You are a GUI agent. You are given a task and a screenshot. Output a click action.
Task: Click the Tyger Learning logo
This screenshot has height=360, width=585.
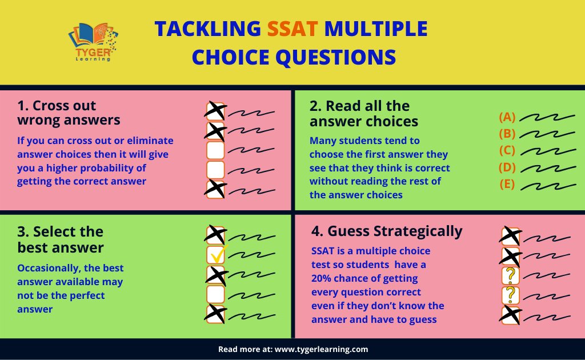(91, 42)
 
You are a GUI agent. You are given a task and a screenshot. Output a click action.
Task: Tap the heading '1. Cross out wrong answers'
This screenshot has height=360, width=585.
(69, 113)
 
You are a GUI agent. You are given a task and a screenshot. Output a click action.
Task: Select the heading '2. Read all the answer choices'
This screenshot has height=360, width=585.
(363, 113)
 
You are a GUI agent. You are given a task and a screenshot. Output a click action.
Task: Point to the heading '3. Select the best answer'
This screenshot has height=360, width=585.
(61, 239)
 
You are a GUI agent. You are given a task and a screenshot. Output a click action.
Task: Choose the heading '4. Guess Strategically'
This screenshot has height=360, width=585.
(386, 231)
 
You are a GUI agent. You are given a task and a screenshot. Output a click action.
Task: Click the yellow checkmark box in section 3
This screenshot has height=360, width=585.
(216, 255)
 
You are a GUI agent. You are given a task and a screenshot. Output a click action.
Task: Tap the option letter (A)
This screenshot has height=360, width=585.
(507, 117)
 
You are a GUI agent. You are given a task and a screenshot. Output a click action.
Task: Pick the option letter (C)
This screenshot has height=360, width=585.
(507, 151)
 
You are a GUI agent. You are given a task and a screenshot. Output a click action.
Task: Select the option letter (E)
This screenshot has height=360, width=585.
(507, 185)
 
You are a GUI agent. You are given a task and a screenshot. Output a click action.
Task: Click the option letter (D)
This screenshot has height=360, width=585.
(507, 168)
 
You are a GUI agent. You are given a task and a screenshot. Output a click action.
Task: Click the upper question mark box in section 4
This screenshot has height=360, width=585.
(510, 275)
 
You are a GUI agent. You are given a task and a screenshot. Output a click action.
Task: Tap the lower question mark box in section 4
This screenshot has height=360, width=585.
(510, 295)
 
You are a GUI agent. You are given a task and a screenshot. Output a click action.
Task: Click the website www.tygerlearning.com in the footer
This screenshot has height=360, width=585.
(321, 349)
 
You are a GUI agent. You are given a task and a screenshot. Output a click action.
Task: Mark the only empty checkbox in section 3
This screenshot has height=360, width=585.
(216, 294)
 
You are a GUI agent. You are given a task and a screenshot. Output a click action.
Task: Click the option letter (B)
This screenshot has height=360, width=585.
(507, 134)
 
